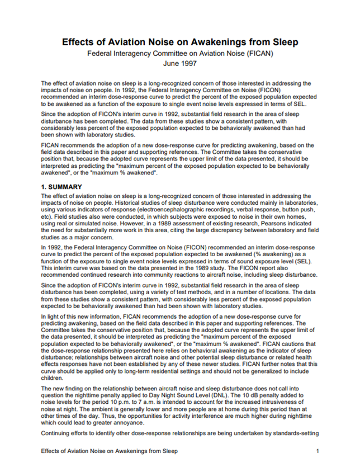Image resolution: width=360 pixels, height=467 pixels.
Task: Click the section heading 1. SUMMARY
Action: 61,187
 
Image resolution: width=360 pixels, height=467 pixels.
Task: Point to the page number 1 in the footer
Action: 317,451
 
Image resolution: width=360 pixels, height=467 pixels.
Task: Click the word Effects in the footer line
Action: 54,451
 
